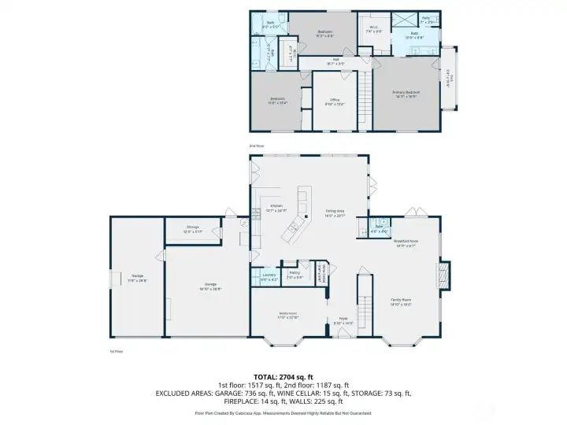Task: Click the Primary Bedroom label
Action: click(406, 93)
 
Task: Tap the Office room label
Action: click(335, 101)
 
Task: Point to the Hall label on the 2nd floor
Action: click(335, 61)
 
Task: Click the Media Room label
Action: click(287, 315)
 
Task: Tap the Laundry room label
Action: click(269, 276)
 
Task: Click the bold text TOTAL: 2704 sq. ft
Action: click(283, 377)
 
